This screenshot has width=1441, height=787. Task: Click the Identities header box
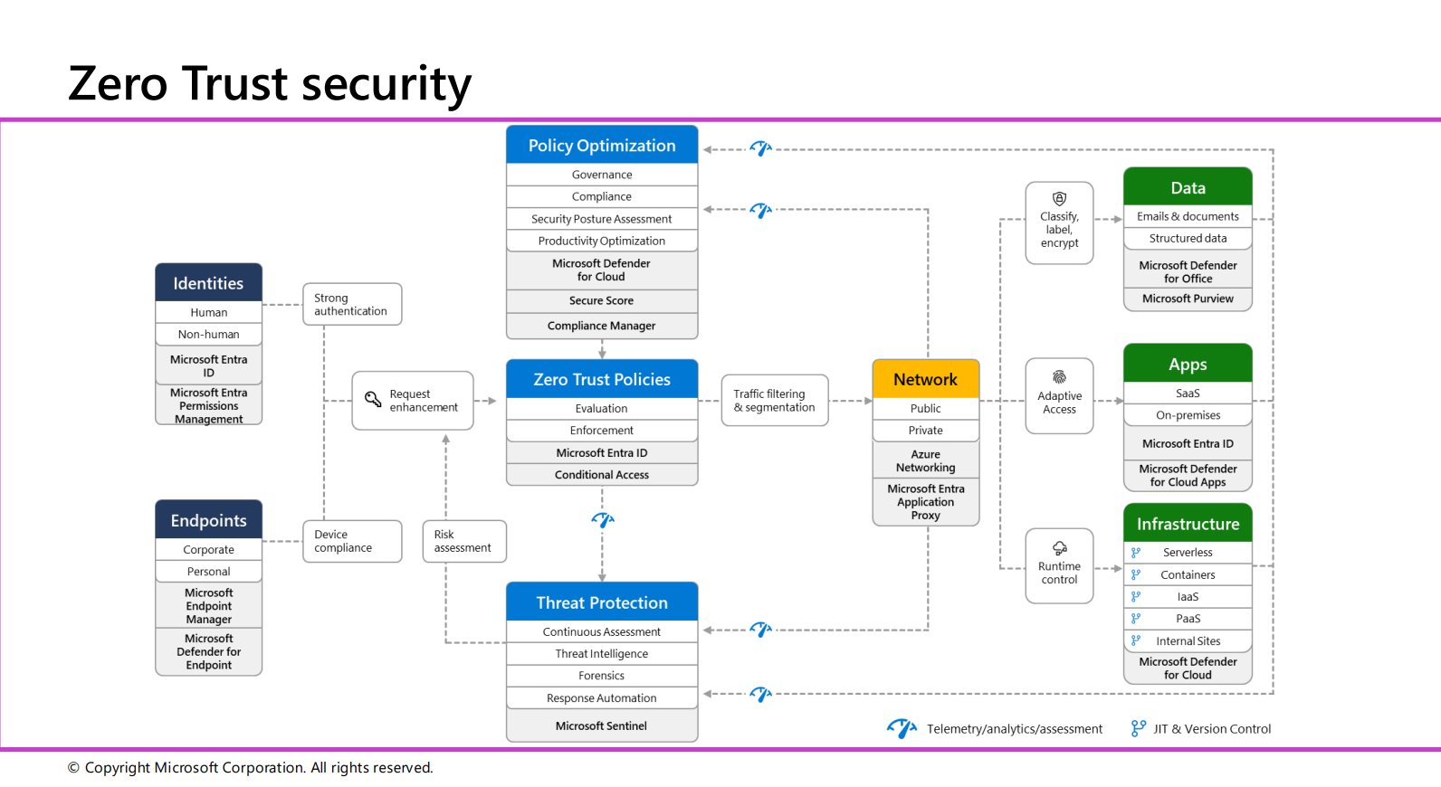point(208,283)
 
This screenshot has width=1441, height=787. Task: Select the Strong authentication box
point(351,304)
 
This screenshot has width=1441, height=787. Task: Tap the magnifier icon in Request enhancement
point(372,399)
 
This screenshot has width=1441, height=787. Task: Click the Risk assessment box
point(463,541)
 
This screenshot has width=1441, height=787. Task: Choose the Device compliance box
point(351,541)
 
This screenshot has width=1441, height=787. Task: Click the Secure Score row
point(601,300)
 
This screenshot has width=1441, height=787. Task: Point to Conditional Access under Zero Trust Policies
point(601,475)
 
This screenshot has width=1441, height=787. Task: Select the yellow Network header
point(925,379)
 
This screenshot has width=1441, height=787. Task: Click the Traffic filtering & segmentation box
point(774,400)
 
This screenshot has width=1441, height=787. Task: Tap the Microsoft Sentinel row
point(601,725)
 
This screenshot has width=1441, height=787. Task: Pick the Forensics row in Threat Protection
point(601,676)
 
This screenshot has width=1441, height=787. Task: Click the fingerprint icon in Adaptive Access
point(1059,376)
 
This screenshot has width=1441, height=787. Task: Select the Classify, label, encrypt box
point(1059,223)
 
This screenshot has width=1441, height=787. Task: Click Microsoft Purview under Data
point(1188,299)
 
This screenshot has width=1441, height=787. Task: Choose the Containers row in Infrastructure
point(1188,574)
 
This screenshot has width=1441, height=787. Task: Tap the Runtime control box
point(1059,566)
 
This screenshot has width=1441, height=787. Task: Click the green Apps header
point(1188,365)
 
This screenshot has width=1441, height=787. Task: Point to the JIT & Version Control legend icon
point(1138,728)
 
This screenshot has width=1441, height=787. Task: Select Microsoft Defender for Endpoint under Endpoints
point(208,651)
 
